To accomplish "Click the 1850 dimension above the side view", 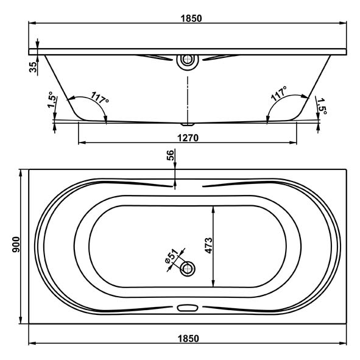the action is tap(191, 18).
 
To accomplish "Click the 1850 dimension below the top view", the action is tap(188, 339).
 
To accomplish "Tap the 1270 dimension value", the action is tap(188, 138).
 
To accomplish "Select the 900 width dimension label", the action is tap(16, 245).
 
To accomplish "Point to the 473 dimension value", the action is tap(209, 245).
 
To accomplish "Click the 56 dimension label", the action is tap(171, 155).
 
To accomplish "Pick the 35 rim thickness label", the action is tap(33, 67).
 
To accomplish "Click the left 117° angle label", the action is tap(100, 98).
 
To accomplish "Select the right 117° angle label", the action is tap(279, 94).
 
